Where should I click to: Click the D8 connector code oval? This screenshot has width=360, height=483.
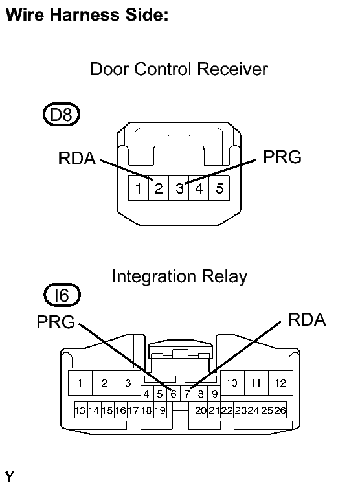(62, 115)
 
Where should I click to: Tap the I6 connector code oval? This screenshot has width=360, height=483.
(62, 295)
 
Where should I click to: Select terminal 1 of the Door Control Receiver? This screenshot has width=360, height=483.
(139, 188)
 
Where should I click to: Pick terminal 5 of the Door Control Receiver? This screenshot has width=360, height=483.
(219, 188)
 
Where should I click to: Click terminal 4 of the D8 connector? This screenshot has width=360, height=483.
(199, 188)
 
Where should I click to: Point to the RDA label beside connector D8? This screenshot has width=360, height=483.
(77, 159)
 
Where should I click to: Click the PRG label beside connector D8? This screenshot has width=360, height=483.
(282, 157)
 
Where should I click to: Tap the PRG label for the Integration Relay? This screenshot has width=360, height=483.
(56, 322)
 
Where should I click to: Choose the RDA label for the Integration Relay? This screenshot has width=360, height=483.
(307, 319)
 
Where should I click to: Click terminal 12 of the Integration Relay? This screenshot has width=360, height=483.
(280, 383)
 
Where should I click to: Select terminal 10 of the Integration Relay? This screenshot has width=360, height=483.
(232, 383)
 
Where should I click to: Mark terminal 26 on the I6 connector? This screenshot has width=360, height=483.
(280, 410)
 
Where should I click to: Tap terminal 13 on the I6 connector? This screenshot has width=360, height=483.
(81, 410)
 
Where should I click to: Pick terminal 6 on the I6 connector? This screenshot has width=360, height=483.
(174, 394)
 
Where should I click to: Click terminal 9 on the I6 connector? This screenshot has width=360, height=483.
(214, 394)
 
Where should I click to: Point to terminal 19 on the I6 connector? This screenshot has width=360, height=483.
(160, 410)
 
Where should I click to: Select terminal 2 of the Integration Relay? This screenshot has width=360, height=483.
(105, 383)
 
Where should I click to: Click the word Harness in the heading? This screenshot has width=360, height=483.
(84, 14)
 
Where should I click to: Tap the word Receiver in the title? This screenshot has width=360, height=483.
(232, 69)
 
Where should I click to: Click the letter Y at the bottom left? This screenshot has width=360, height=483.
(10, 476)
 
